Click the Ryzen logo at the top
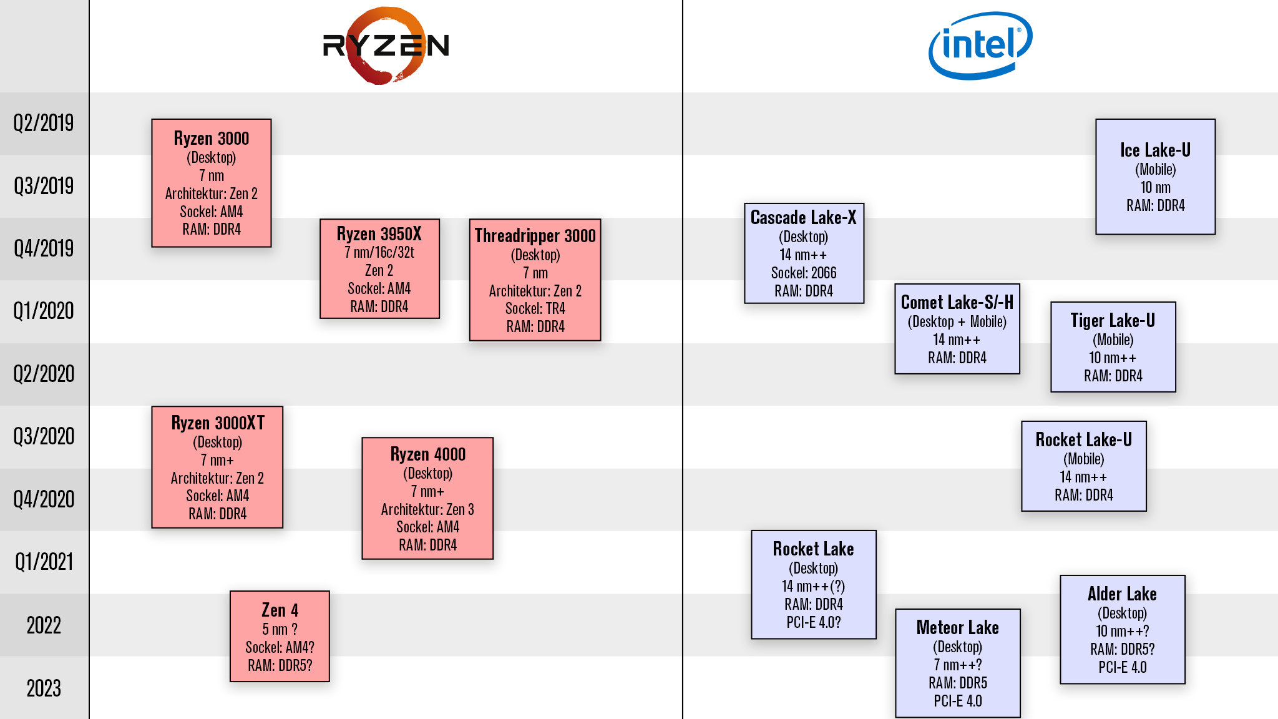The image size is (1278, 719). coord(386,46)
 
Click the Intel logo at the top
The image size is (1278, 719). coord(980,46)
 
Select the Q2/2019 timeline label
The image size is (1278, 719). coord(44,123)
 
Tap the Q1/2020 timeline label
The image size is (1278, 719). coord(44,311)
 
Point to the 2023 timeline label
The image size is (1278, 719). coord(44,688)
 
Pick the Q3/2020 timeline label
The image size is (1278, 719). coord(44,436)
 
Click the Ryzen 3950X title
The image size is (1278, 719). coord(379,234)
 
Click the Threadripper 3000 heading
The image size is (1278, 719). coord(535,236)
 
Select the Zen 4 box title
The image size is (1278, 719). coord(280,610)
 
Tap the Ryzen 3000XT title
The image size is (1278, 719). coord(218,423)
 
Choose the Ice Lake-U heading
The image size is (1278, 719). coord(1155,150)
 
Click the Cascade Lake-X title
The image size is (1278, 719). coord(803,218)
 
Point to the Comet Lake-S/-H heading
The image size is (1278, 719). coord(957,303)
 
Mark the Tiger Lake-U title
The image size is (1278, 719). coord(1113,321)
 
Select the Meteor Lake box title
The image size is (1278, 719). coord(957,628)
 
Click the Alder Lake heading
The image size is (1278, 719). coord(1122,594)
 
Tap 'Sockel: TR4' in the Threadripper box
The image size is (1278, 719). coord(535,308)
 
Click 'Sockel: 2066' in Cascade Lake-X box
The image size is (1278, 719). coord(803,273)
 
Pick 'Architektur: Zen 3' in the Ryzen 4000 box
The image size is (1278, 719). coord(427,509)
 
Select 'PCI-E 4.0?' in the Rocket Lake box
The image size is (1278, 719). coord(813,622)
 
